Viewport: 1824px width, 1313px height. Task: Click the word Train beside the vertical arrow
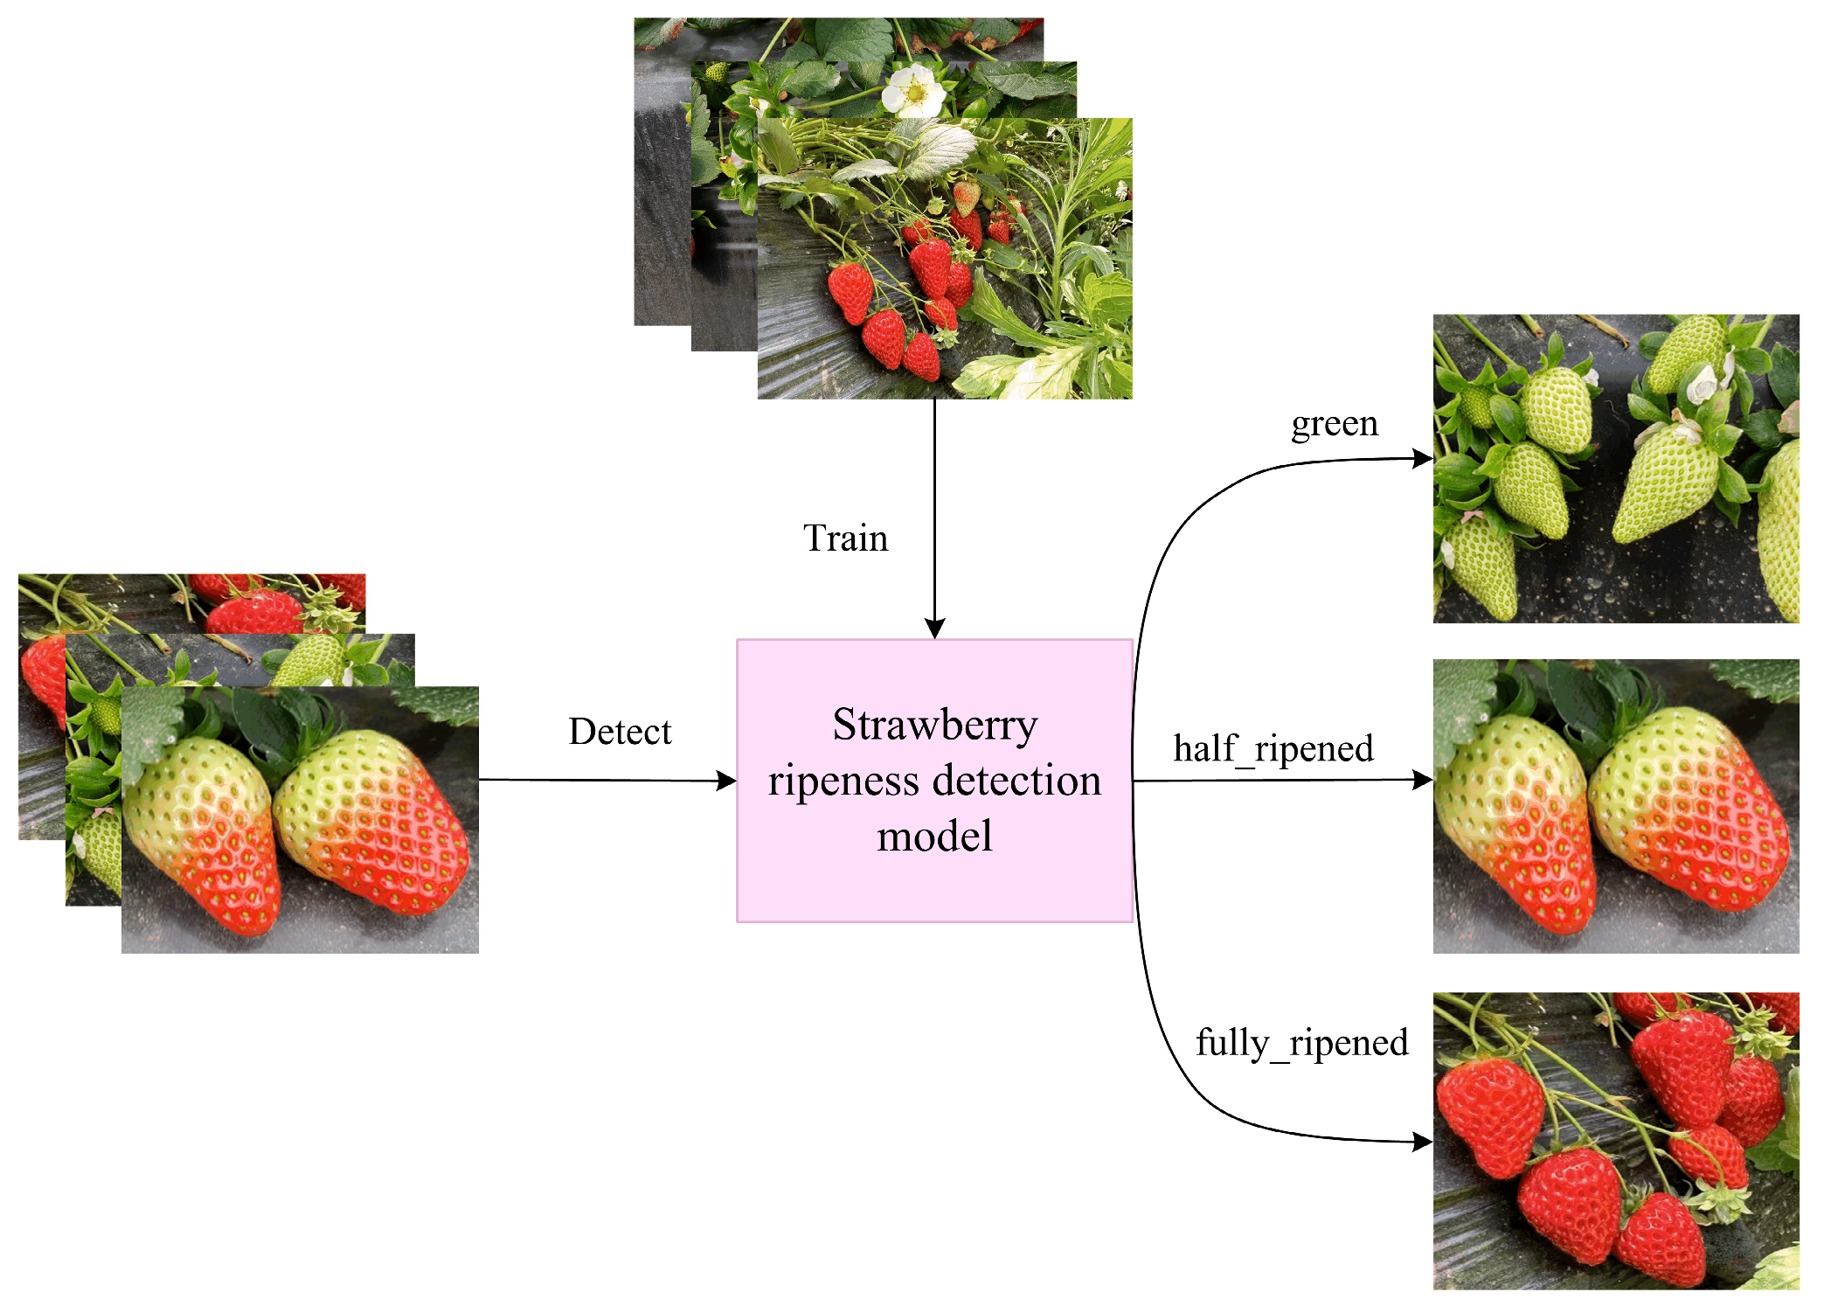[845, 538]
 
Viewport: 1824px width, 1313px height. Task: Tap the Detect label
[620, 732]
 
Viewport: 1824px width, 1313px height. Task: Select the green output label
[1334, 424]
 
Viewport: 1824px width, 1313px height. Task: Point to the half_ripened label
[1273, 749]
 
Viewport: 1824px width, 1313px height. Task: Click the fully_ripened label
[1301, 1043]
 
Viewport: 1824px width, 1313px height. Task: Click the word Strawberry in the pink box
[934, 725]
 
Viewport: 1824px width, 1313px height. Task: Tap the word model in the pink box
[934, 837]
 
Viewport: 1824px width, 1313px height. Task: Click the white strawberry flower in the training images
[914, 90]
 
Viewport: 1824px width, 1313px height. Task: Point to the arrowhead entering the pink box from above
[934, 629]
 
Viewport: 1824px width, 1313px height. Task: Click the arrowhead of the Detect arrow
[726, 781]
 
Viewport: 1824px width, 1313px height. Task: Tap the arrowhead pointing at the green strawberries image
[1423, 458]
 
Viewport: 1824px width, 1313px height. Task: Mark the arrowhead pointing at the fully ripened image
[1423, 1141]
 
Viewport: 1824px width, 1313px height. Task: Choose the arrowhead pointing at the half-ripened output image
[1423, 780]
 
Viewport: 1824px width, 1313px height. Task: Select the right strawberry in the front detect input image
[371, 822]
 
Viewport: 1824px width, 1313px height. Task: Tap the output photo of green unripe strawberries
[1615, 469]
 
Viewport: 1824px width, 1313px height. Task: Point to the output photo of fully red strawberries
[1615, 1140]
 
